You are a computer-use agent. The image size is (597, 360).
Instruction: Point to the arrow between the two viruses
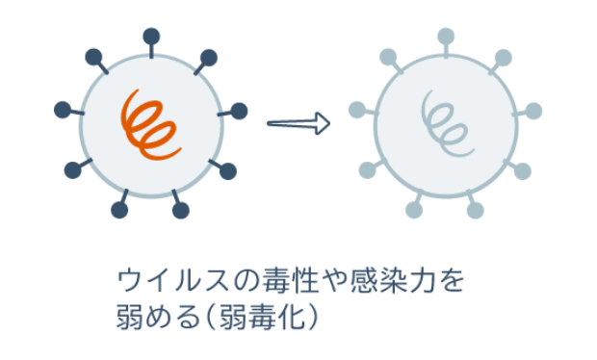pos(298,123)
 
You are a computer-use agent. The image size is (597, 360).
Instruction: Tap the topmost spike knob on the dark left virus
pos(151,37)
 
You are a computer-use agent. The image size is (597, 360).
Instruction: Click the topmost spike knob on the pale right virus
pos(445,37)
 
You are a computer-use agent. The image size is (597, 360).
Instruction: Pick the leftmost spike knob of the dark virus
pos(61,108)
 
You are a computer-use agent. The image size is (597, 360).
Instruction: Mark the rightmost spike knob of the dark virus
pos(240,110)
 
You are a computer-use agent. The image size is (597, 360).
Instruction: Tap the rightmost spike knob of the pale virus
pos(534,110)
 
